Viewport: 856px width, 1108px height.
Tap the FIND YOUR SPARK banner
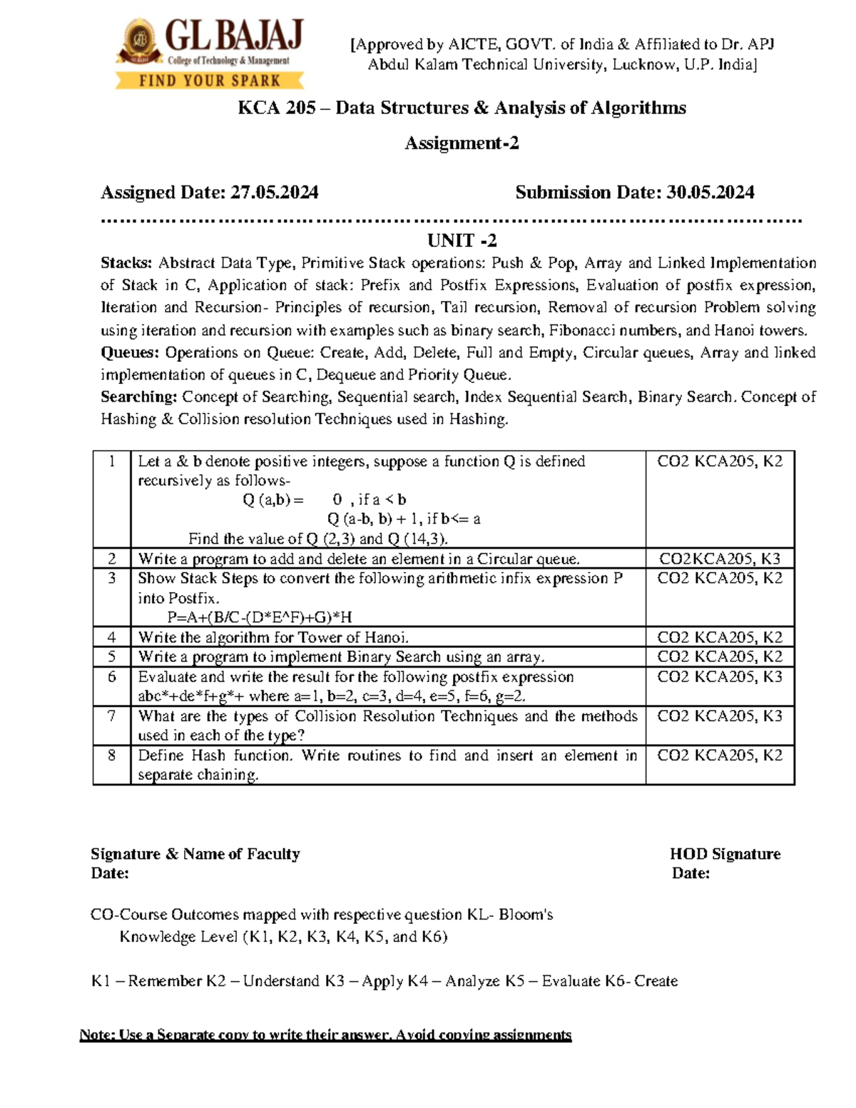(x=210, y=81)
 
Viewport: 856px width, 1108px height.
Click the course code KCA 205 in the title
(x=276, y=108)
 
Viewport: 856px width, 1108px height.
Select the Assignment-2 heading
(x=462, y=143)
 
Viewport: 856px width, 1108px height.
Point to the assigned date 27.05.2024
(x=274, y=193)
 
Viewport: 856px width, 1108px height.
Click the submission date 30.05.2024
(x=710, y=193)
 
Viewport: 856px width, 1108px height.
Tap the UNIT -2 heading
(x=462, y=240)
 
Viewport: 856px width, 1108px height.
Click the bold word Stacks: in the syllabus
(x=126, y=263)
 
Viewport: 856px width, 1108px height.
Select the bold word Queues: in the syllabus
(x=129, y=352)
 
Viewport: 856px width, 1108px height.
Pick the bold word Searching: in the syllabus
(x=138, y=397)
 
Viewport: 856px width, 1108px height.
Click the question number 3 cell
(x=112, y=578)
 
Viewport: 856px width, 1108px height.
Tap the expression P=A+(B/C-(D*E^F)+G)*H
(x=260, y=617)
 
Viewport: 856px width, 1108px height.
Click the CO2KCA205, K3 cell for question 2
(x=719, y=559)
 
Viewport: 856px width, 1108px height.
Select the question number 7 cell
(x=112, y=716)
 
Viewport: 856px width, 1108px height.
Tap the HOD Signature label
(x=725, y=854)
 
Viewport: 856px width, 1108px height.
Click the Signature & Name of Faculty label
(x=195, y=854)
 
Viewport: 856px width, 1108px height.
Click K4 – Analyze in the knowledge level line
(x=454, y=981)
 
